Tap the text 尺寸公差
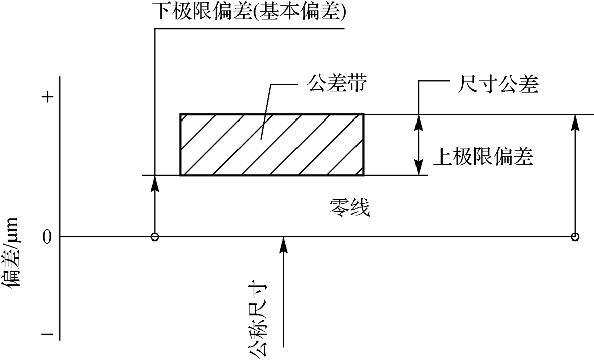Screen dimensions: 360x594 (x=494, y=84)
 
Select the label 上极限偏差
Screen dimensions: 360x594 (x=484, y=157)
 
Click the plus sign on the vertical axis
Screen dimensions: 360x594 (x=47, y=98)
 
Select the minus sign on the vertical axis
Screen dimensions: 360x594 (x=47, y=334)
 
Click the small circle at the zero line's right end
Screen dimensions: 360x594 (x=575, y=237)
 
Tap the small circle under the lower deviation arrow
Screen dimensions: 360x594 (x=155, y=237)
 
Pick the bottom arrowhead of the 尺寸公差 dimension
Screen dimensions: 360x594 (x=418, y=169)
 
